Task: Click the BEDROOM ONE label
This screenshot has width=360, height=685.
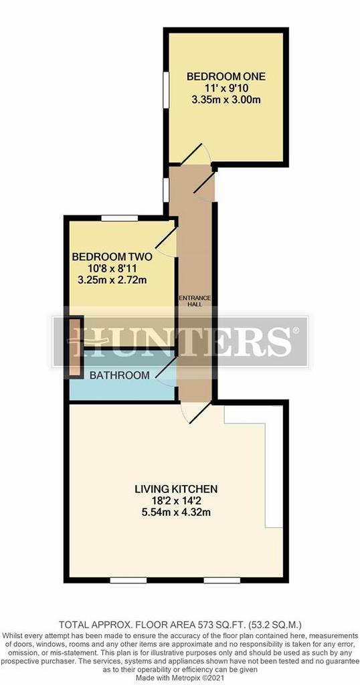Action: click(226, 77)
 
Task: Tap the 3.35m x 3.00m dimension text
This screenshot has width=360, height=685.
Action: click(226, 100)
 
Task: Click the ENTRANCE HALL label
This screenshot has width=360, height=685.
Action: click(195, 301)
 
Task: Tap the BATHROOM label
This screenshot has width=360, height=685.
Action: click(120, 375)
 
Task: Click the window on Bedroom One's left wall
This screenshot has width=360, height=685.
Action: click(166, 90)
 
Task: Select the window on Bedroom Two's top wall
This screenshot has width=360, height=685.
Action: click(120, 218)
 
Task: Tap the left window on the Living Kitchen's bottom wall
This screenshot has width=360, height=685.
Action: click(128, 580)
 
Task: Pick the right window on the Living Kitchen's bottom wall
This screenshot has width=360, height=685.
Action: click(222, 580)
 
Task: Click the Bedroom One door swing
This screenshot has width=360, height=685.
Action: click(196, 153)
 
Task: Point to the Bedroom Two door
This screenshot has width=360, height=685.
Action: click(165, 242)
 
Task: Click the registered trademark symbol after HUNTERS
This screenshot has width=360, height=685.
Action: click(296, 330)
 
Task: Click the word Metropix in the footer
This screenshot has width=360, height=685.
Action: click(185, 677)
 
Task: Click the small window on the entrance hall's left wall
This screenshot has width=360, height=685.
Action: click(166, 190)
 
